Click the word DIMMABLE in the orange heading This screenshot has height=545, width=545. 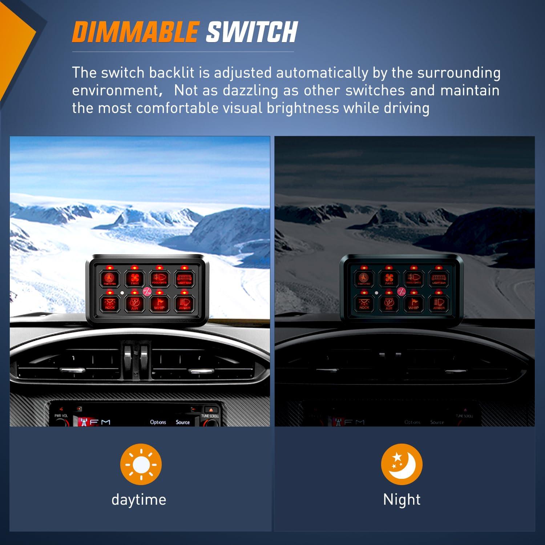click(x=135, y=32)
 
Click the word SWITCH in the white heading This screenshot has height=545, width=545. click(x=252, y=32)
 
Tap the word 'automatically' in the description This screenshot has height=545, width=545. click(x=322, y=73)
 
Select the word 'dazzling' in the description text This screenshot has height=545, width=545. click(x=250, y=90)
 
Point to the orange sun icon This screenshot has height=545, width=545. click(x=141, y=464)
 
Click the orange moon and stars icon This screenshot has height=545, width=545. click(x=401, y=464)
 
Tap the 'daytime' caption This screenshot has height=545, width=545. click(x=139, y=500)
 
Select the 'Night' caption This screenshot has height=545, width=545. click(x=401, y=500)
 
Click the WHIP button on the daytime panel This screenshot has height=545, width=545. click(x=159, y=303)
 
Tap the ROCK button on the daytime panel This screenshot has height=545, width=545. click(x=110, y=303)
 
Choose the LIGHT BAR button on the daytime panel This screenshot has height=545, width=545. click(x=184, y=279)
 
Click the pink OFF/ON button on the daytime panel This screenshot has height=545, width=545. click(x=147, y=291)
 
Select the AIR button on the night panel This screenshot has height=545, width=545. click(x=389, y=303)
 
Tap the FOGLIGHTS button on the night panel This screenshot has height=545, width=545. click(x=413, y=279)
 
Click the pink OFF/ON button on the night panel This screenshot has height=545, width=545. click(x=401, y=291)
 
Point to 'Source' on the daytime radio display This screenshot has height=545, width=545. click(x=183, y=422)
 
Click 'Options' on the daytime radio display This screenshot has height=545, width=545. click(x=158, y=422)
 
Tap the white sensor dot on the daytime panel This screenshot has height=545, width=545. click(x=122, y=292)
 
